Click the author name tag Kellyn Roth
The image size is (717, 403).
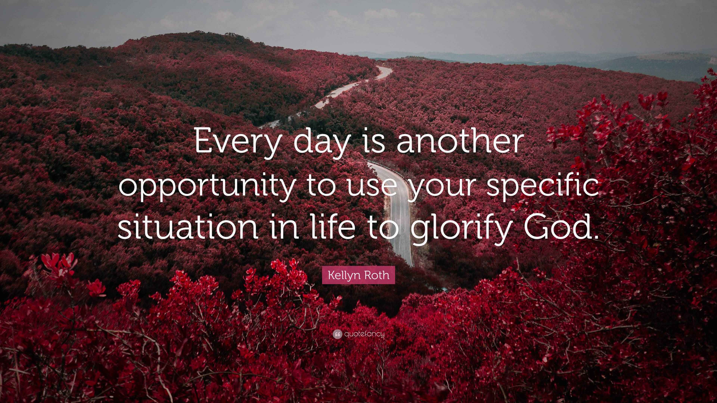[x=358, y=275]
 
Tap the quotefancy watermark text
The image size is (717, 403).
[x=364, y=334]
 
